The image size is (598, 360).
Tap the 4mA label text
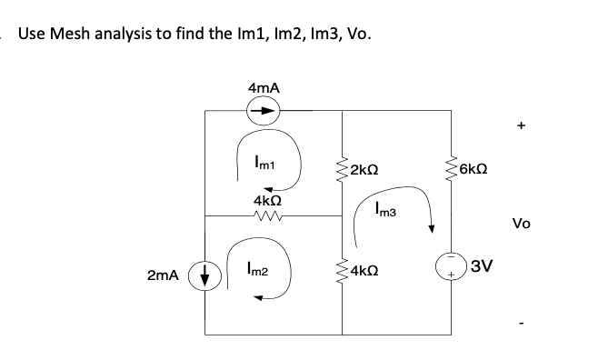(263, 87)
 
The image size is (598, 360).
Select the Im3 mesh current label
(384, 211)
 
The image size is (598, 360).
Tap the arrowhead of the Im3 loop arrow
(431, 227)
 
